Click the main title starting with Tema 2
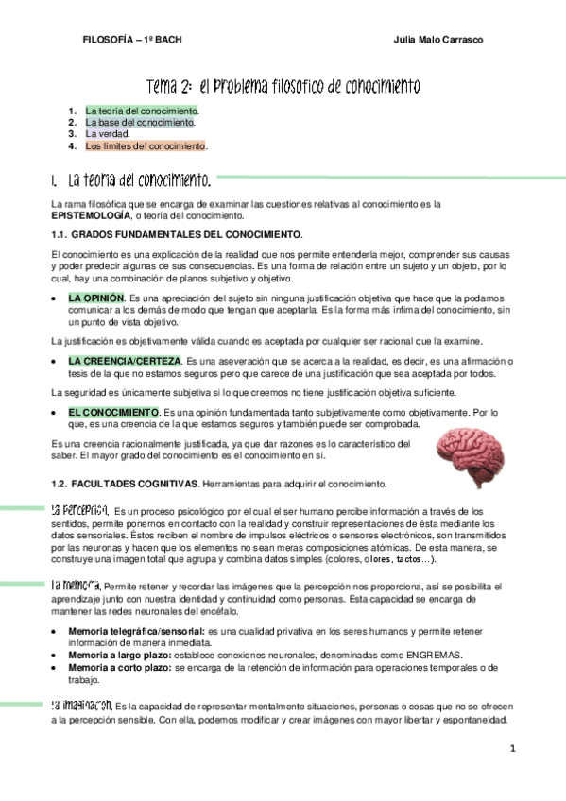click(x=283, y=87)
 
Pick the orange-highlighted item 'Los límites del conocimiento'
click(x=145, y=146)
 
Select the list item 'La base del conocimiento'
click(x=140, y=123)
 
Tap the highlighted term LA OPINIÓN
click(x=96, y=298)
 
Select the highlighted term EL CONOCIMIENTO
click(x=112, y=413)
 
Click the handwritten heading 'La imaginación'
click(x=80, y=705)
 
